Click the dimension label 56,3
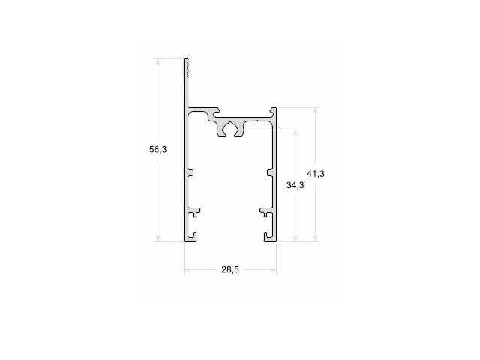click(158, 150)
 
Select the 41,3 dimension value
click(316, 174)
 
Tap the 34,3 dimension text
click(295, 185)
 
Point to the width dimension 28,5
click(230, 270)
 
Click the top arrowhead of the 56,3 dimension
click(158, 61)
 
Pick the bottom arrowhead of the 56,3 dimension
click(158, 238)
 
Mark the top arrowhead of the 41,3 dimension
click(316, 111)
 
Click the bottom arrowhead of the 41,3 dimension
click(316, 238)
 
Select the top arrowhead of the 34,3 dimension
click(295, 133)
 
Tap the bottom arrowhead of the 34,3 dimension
click(295, 238)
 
